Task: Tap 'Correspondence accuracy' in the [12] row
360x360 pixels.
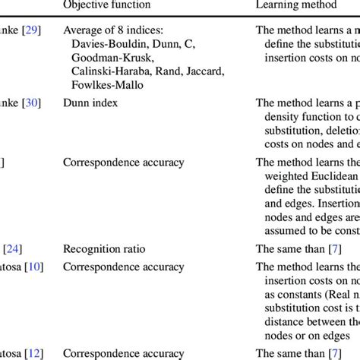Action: pyautogui.click(x=124, y=352)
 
